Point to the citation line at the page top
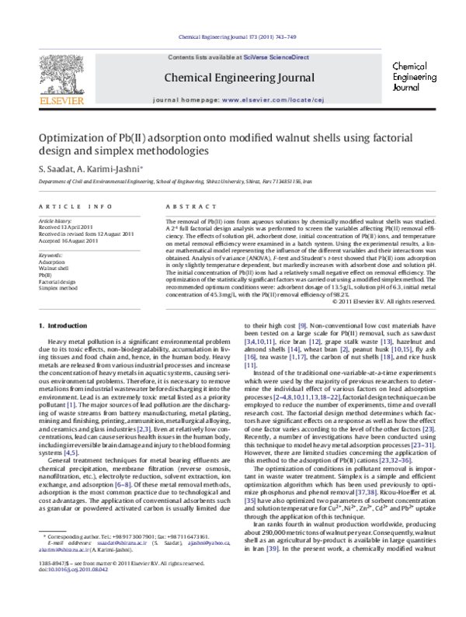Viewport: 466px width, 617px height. pos(232,36)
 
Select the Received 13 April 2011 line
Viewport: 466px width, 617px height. pos(68,227)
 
